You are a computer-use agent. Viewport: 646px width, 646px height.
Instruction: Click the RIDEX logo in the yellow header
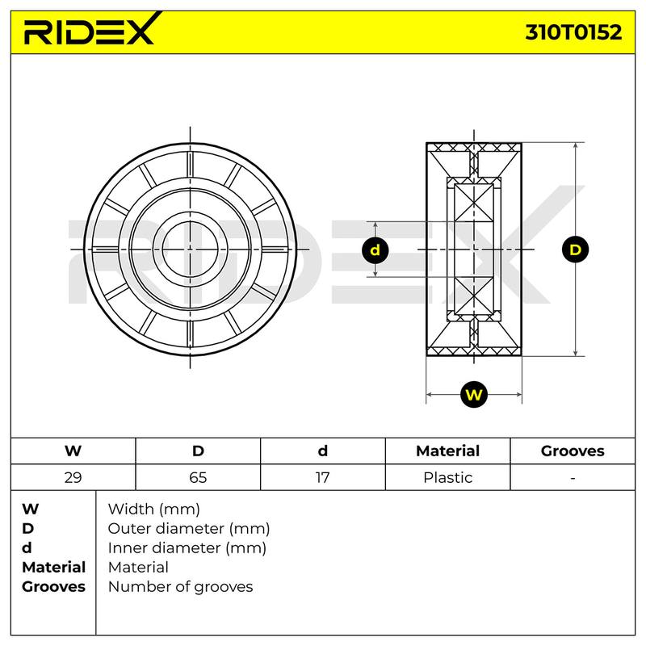[90, 29]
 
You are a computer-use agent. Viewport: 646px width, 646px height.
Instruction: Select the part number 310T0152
[573, 32]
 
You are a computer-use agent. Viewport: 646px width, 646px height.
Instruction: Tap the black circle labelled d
[375, 250]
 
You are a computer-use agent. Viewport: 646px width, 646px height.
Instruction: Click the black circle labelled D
[575, 250]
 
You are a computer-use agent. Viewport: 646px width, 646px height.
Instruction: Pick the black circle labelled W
[474, 395]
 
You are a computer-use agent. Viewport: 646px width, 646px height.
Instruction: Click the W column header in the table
[73, 451]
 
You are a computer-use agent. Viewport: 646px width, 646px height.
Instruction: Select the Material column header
[448, 451]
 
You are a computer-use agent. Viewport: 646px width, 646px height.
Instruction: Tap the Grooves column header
[573, 451]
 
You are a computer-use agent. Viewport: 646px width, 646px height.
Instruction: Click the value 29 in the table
[73, 477]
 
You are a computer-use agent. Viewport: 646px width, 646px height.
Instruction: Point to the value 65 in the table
[198, 477]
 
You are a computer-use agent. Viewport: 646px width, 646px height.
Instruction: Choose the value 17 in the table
[322, 477]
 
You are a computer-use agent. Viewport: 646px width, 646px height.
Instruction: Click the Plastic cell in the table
[448, 477]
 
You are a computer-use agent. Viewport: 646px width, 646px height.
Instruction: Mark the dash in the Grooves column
[573, 478]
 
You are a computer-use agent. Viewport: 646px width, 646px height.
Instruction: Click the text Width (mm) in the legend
[153, 510]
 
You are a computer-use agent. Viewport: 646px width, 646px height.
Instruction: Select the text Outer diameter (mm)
[189, 529]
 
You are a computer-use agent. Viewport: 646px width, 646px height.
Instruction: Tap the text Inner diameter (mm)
[187, 548]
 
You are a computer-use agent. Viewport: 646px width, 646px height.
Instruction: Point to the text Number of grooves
[180, 587]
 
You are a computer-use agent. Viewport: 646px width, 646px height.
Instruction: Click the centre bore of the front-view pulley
[190, 250]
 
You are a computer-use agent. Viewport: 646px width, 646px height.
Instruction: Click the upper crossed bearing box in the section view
[474, 203]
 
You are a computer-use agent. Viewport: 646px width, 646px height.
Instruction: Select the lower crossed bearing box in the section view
[474, 296]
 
